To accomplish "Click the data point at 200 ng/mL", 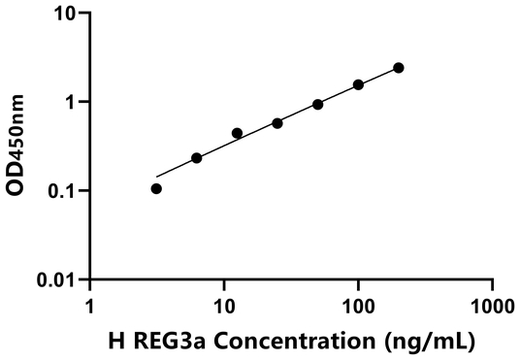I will click(x=399, y=68).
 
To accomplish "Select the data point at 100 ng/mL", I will click(x=358, y=84).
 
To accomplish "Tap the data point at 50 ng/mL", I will click(x=317, y=104).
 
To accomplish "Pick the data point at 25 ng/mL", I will click(x=277, y=123).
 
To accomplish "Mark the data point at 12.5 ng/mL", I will click(x=237, y=133).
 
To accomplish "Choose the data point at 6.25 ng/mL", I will click(x=197, y=157).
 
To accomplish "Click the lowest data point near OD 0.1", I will click(x=156, y=188).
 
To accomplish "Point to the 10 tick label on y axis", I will click(x=66, y=14).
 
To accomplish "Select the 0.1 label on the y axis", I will click(x=62, y=190).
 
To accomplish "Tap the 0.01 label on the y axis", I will click(x=57, y=279).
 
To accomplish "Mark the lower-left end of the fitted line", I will click(x=156, y=178).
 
